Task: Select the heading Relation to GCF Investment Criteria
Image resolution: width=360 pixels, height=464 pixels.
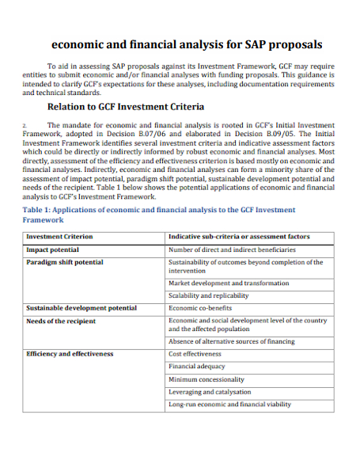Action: point(126,106)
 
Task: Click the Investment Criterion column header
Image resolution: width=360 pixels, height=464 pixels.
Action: point(59,237)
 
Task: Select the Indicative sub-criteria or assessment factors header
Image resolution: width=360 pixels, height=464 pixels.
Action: point(239,237)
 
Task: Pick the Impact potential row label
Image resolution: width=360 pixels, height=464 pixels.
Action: point(52,249)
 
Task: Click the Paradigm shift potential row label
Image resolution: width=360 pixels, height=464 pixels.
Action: point(64,262)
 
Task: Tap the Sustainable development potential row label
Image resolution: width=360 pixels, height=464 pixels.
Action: point(81,308)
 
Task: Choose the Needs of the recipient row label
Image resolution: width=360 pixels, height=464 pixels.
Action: point(61,321)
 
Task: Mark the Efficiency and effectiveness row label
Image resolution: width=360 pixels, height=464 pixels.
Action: point(70,354)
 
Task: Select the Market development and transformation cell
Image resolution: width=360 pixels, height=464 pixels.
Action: point(229,283)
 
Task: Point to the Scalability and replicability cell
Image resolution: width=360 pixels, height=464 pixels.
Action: point(209,295)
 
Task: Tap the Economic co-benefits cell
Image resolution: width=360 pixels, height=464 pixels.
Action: point(200,308)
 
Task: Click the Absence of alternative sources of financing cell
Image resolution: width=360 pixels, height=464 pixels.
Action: point(231,341)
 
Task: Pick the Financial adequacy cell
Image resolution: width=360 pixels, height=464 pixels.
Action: point(197,367)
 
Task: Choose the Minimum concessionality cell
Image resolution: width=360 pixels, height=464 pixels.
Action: point(207,379)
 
